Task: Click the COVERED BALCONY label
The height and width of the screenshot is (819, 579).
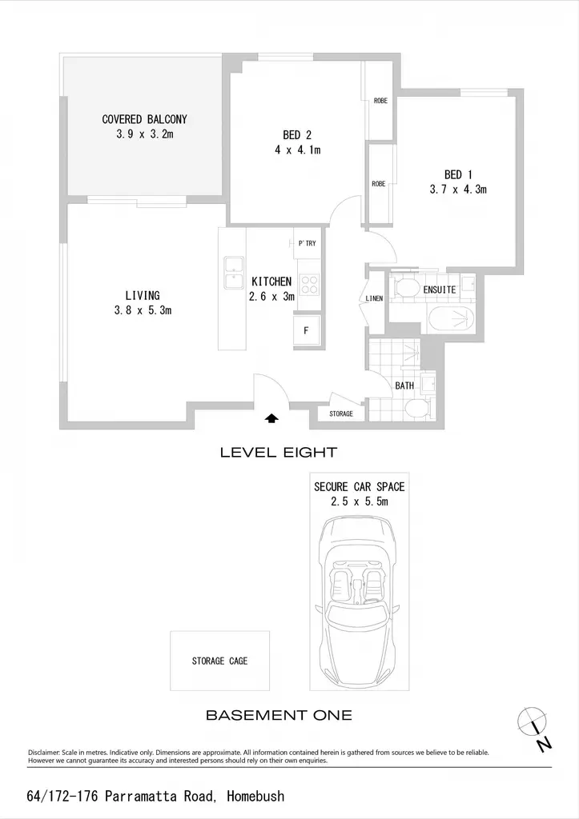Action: pos(144,119)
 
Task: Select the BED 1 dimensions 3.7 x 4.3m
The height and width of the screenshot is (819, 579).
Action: pos(458,189)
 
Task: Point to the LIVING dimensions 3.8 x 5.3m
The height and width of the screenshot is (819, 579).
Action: pos(143,310)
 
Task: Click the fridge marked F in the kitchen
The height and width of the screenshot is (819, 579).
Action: pos(306,330)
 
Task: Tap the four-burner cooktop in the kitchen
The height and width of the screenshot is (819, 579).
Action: pos(308,286)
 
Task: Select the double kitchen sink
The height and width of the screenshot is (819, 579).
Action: pos(233,273)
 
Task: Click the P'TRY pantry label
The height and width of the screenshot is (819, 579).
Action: pos(307,243)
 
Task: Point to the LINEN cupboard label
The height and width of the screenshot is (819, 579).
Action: pos(374,298)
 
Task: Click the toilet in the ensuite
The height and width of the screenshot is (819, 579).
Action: pos(404,287)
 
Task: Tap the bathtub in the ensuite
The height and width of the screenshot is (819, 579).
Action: pos(452,320)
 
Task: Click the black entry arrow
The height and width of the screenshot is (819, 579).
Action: pos(272,417)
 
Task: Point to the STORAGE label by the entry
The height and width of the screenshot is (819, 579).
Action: pos(341,413)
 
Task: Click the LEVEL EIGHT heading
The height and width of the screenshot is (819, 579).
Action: pos(279,453)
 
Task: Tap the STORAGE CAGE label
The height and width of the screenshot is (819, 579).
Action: pos(219,661)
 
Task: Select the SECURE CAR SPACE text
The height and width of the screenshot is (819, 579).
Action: pos(360,487)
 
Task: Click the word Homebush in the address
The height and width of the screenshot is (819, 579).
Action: pos(255,796)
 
